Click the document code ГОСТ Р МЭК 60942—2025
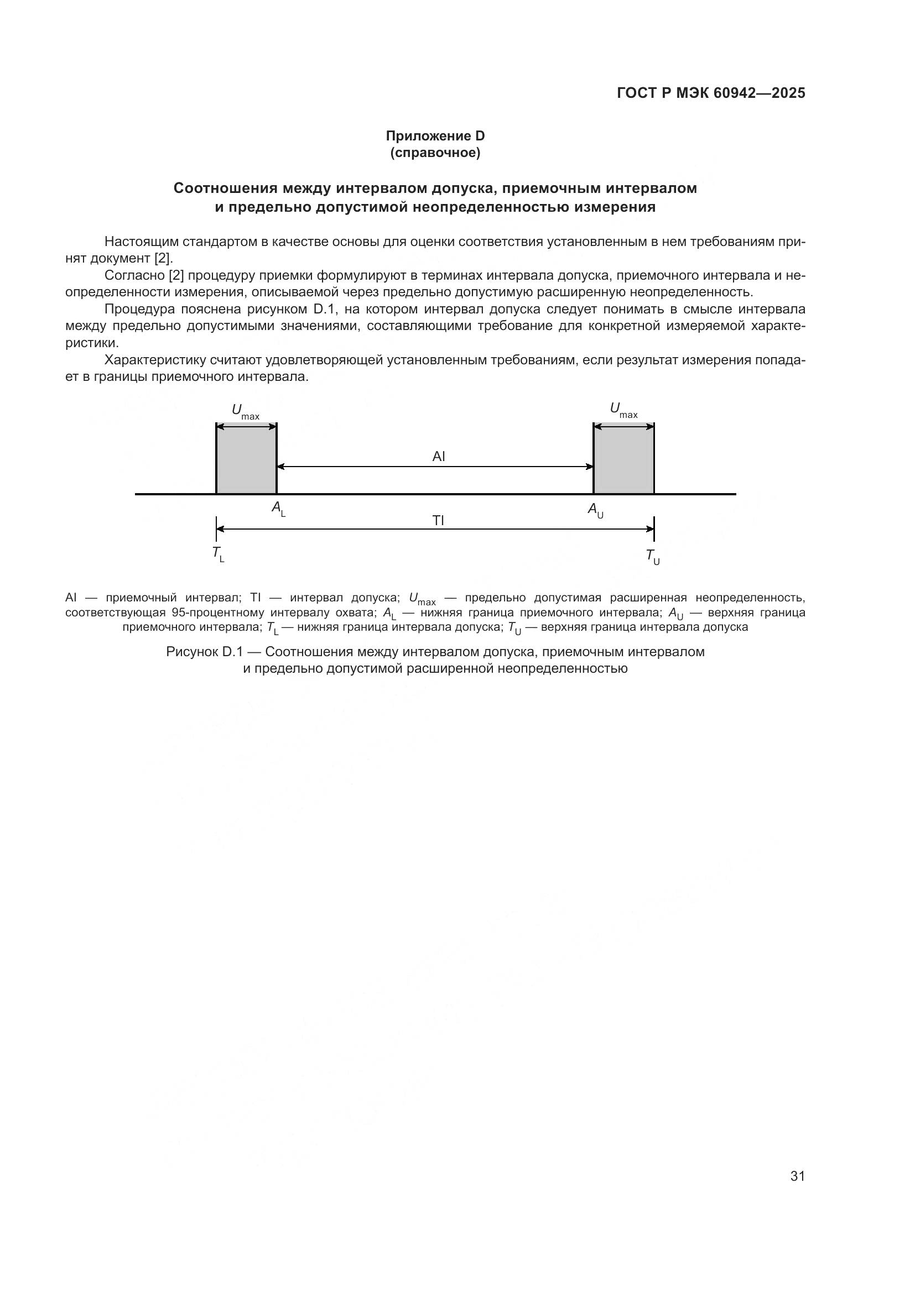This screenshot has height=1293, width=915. click(x=711, y=93)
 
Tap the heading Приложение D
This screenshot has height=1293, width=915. click(x=435, y=136)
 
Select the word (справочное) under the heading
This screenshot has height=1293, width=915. click(x=435, y=153)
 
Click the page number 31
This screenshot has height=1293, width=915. click(x=797, y=1176)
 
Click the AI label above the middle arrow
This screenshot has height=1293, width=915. click(x=438, y=456)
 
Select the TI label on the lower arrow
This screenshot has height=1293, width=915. click(x=438, y=520)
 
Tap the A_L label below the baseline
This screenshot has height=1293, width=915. click(x=278, y=509)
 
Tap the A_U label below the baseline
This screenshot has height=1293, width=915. click(x=595, y=510)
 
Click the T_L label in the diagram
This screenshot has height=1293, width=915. click(x=218, y=554)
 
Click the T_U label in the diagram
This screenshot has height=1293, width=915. click(x=652, y=557)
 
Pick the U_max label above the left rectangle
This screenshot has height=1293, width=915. click(x=245, y=411)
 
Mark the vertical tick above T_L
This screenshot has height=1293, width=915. click(x=216, y=528)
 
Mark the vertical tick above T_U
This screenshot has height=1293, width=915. click(x=653, y=528)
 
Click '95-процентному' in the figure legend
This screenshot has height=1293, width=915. click(x=217, y=612)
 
